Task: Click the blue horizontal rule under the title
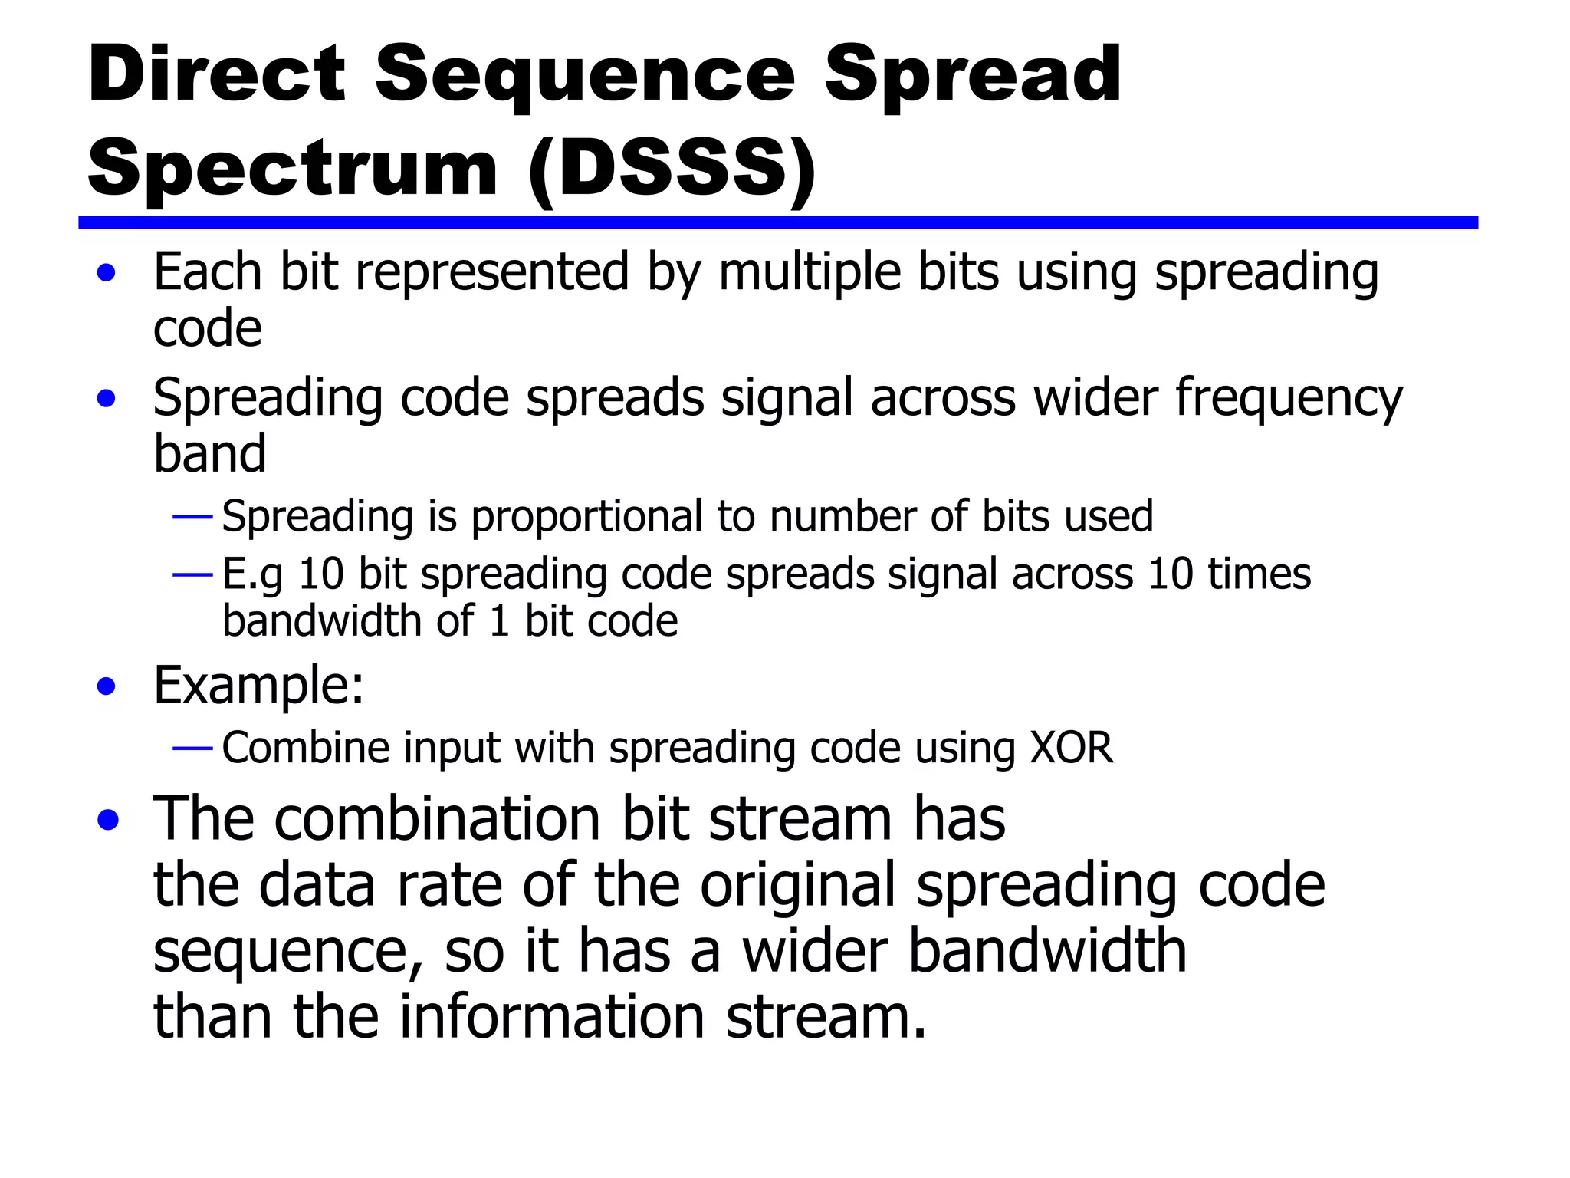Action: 777,222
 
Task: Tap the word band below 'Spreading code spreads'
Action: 209,454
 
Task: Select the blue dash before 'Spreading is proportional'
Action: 192,518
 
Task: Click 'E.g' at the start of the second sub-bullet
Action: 252,575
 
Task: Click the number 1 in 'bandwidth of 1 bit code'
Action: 499,621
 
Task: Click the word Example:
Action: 258,685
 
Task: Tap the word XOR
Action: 1071,748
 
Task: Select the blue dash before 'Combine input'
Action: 192,748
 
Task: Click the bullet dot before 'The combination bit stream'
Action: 108,820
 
